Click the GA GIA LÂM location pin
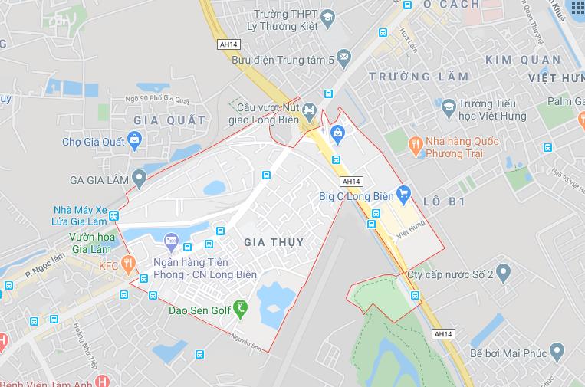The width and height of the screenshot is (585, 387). coord(138,179)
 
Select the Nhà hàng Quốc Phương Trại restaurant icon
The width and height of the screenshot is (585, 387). coord(415,143)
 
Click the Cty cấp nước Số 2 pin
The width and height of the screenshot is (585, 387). coord(503,271)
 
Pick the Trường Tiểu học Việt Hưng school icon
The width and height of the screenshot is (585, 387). coord(448,106)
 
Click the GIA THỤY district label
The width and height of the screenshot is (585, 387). coord(273,242)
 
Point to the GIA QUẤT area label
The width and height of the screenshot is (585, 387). coord(169,120)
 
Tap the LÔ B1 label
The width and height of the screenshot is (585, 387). coord(445,202)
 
